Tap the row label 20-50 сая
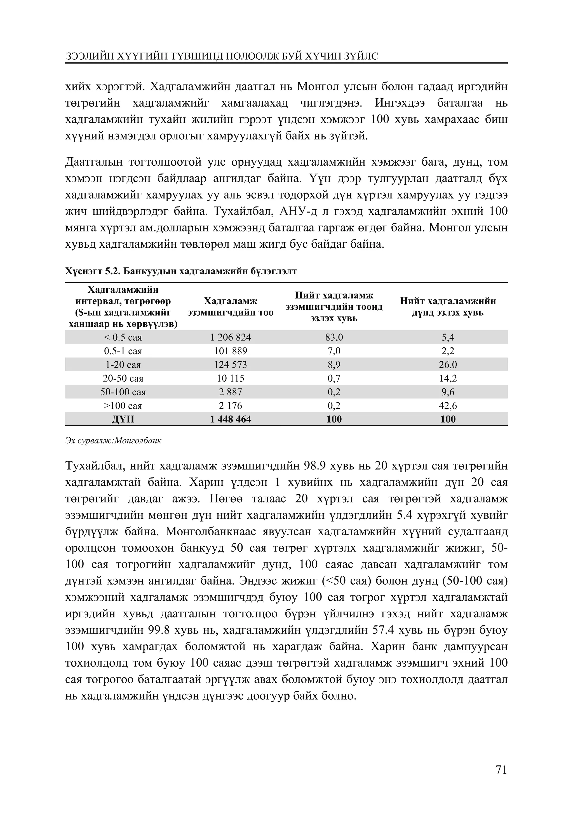[123, 378]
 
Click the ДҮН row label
[123, 419]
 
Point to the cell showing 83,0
[334, 337]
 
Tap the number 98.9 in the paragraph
[316, 466]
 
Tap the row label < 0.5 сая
[123, 337]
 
